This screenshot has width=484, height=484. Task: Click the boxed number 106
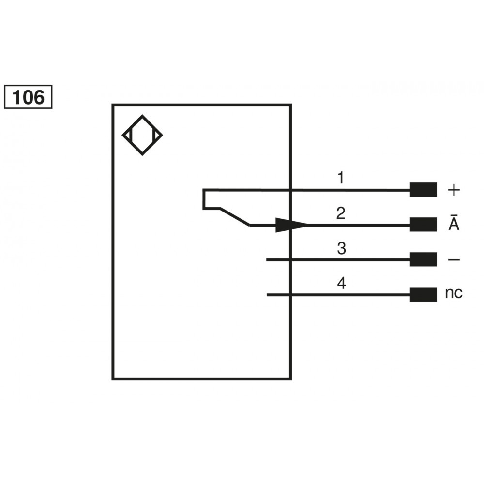click(x=28, y=97)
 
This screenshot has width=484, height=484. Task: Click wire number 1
click(x=340, y=178)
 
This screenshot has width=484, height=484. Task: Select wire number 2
click(x=341, y=213)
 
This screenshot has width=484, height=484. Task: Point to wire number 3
click(x=341, y=248)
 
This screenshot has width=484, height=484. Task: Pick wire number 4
click(x=341, y=283)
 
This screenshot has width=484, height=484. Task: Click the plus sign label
click(x=454, y=190)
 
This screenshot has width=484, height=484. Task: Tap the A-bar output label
click(x=454, y=222)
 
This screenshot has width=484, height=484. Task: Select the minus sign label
click(x=454, y=260)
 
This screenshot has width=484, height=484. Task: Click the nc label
click(x=454, y=293)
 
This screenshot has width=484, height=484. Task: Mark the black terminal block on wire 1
click(x=423, y=190)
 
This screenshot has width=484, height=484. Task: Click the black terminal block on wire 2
click(x=423, y=225)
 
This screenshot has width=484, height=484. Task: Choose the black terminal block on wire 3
click(x=423, y=259)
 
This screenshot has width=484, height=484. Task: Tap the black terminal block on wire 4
click(x=423, y=295)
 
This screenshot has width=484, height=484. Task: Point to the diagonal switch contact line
click(x=235, y=217)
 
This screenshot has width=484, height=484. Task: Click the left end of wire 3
click(x=267, y=260)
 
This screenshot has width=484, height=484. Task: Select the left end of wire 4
click(x=267, y=295)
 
